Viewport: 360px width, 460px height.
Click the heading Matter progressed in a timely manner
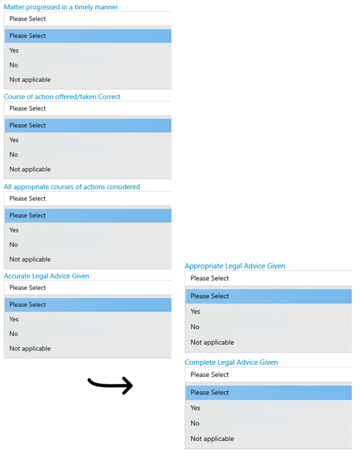(x=61, y=7)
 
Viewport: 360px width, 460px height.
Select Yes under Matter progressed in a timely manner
(x=14, y=50)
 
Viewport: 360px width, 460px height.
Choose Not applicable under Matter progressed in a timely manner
(x=30, y=80)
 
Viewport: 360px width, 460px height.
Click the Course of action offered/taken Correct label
(x=62, y=97)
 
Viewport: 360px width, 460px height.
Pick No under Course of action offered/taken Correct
(x=13, y=154)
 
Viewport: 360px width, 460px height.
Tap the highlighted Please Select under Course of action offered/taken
(x=88, y=125)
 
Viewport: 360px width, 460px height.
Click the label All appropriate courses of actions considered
(x=72, y=187)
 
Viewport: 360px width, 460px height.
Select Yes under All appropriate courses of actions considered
(x=14, y=230)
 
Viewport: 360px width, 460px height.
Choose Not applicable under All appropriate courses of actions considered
(x=30, y=260)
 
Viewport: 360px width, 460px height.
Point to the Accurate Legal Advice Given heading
(x=47, y=276)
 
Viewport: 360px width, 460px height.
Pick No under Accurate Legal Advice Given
(x=13, y=334)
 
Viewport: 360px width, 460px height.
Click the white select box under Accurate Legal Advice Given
(x=88, y=288)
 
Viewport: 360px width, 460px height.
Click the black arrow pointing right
(x=110, y=385)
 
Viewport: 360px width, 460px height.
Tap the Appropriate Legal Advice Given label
(x=235, y=266)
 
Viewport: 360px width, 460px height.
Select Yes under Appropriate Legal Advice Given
(x=195, y=311)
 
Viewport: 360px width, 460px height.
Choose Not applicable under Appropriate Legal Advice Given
(x=212, y=342)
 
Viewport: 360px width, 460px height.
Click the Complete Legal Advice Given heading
(x=231, y=362)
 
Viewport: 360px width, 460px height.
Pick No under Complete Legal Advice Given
(x=195, y=423)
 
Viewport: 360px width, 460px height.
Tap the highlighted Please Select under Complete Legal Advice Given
(x=269, y=393)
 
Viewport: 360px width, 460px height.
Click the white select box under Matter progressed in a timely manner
(x=88, y=19)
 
